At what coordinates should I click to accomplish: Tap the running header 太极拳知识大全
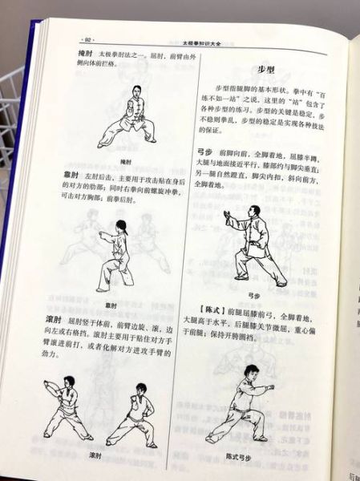(210, 37)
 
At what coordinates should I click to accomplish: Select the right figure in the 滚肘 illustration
(135, 414)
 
